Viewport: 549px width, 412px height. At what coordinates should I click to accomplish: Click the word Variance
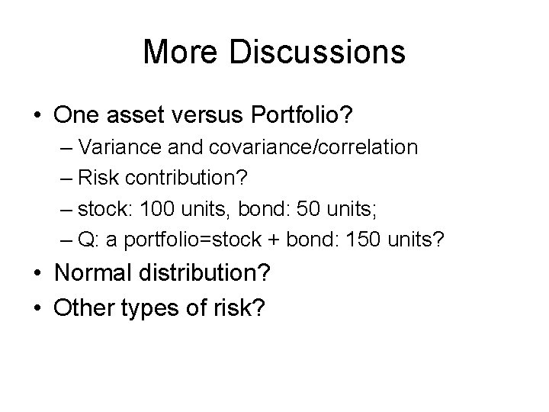point(111,146)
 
